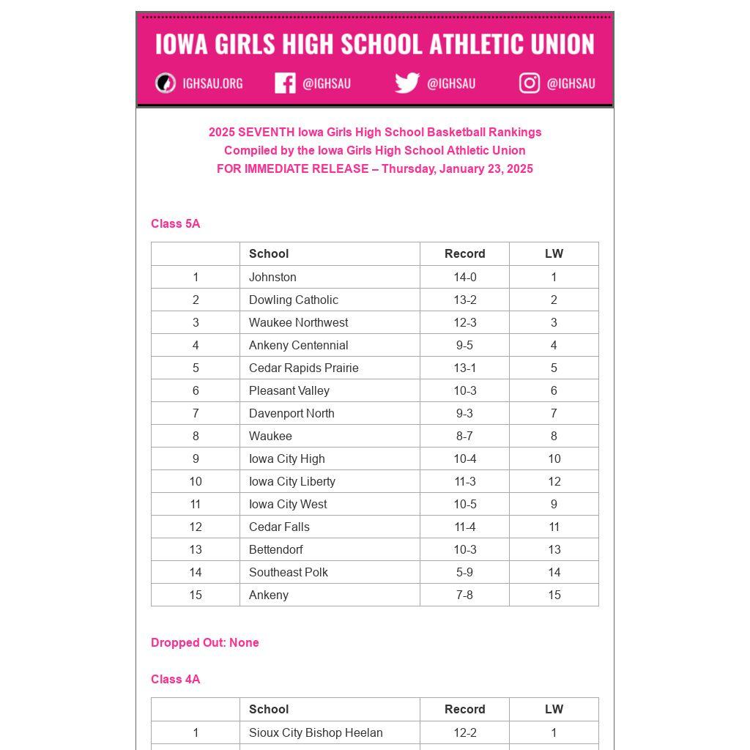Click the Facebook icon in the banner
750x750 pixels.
pos(285,83)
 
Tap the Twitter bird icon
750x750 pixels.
pos(407,83)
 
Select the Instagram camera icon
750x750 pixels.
pos(530,83)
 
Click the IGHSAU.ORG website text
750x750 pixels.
pos(212,83)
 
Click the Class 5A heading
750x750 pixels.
pos(175,223)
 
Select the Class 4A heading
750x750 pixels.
pos(175,679)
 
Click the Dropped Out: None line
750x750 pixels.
pos(204,642)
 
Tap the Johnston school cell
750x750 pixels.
pos(272,277)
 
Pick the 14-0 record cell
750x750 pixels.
pos(464,277)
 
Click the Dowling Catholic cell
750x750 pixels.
pos(293,300)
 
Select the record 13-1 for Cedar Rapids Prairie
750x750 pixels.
pos(464,368)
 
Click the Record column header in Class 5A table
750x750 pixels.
pos(464,253)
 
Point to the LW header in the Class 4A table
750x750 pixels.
pos(554,709)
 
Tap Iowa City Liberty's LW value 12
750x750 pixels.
pos(554,481)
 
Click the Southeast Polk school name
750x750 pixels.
pos(288,572)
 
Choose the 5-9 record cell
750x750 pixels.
pos(464,572)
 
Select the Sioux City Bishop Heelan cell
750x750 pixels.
pos(316,732)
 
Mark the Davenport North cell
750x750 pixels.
pos(292,413)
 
